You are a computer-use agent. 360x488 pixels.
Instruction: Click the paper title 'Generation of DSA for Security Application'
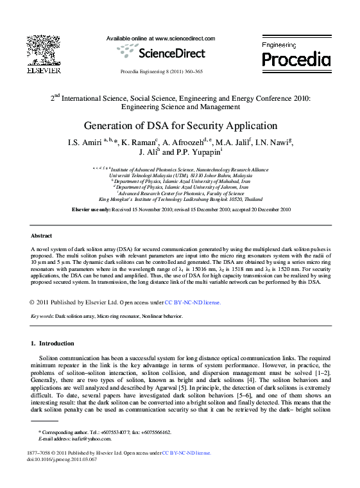pos(180,126)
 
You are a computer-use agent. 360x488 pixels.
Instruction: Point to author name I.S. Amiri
pos(80,142)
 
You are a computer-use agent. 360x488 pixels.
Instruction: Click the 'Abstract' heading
pos(41,236)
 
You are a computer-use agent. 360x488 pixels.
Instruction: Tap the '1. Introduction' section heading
pos(53,344)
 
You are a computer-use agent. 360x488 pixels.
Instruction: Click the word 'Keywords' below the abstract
pos(42,317)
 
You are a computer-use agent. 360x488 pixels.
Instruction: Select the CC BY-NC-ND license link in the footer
pos(186,453)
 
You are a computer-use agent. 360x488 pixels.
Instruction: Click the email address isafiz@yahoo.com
pos(93,439)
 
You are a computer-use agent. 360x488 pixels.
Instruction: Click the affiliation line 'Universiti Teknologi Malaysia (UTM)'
pos(180,175)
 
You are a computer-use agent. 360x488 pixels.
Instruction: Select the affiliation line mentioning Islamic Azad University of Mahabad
pos(180,181)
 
